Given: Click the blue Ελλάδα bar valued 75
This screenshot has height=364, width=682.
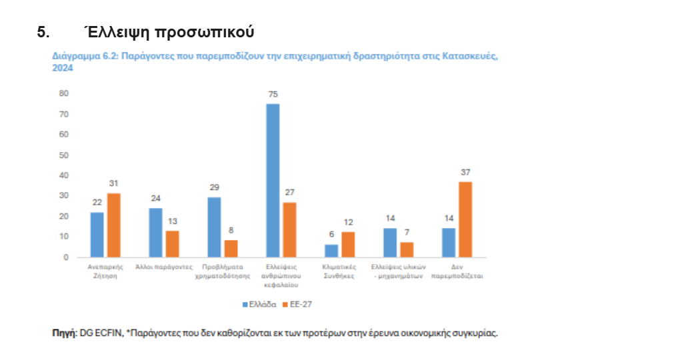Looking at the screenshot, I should [273, 180].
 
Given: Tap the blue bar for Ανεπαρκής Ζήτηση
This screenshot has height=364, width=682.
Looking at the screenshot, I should [97, 235].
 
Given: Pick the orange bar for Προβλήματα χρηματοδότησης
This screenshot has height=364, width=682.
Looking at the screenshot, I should [231, 249].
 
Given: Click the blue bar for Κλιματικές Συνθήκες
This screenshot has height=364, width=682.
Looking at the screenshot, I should [331, 251].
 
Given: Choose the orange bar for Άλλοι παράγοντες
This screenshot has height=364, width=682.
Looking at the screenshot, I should [172, 244].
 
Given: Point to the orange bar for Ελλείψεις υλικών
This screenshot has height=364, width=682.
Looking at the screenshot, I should [407, 249].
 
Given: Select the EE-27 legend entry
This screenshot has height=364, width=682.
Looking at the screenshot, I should [297, 304].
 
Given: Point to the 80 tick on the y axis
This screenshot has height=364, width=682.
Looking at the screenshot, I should [64, 93].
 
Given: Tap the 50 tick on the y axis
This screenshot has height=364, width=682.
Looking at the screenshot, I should [64, 155].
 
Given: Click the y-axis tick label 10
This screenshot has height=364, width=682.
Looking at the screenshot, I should [64, 237].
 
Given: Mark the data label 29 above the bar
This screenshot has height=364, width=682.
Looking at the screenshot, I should [214, 187].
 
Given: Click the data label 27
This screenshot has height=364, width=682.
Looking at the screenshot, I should [289, 192].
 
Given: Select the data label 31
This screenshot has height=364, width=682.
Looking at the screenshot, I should [113, 184].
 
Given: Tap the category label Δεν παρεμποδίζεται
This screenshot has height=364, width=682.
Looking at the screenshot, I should [457, 270].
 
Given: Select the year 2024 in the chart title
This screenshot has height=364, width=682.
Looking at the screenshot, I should [62, 68].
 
